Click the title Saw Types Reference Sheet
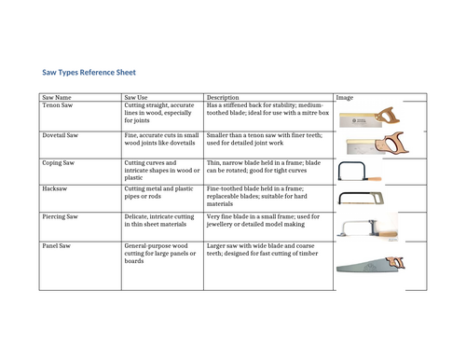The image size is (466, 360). pos(89,73)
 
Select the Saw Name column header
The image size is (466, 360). pos(57,97)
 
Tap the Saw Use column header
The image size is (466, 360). pos(136,97)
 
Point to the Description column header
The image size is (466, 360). pos(223,97)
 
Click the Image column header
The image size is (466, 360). pos(345,97)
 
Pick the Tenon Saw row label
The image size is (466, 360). pos(58,105)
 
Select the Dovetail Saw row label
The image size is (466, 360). pos(61,135)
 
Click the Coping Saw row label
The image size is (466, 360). pos(59,163)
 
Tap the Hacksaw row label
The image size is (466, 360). pos(55,188)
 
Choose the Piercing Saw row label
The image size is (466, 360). pos(60,216)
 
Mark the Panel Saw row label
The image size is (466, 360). pos(56,246)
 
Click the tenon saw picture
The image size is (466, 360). pos(369,118)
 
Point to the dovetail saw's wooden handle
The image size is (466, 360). pos(392,143)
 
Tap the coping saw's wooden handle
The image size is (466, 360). pos(375,179)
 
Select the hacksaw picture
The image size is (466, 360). pos(361,199)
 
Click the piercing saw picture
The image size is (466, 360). pos(367,229)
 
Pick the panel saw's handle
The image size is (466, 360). pos(395,263)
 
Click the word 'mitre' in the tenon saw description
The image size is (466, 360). pos(310,113)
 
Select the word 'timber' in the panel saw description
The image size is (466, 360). pos(308,254)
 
